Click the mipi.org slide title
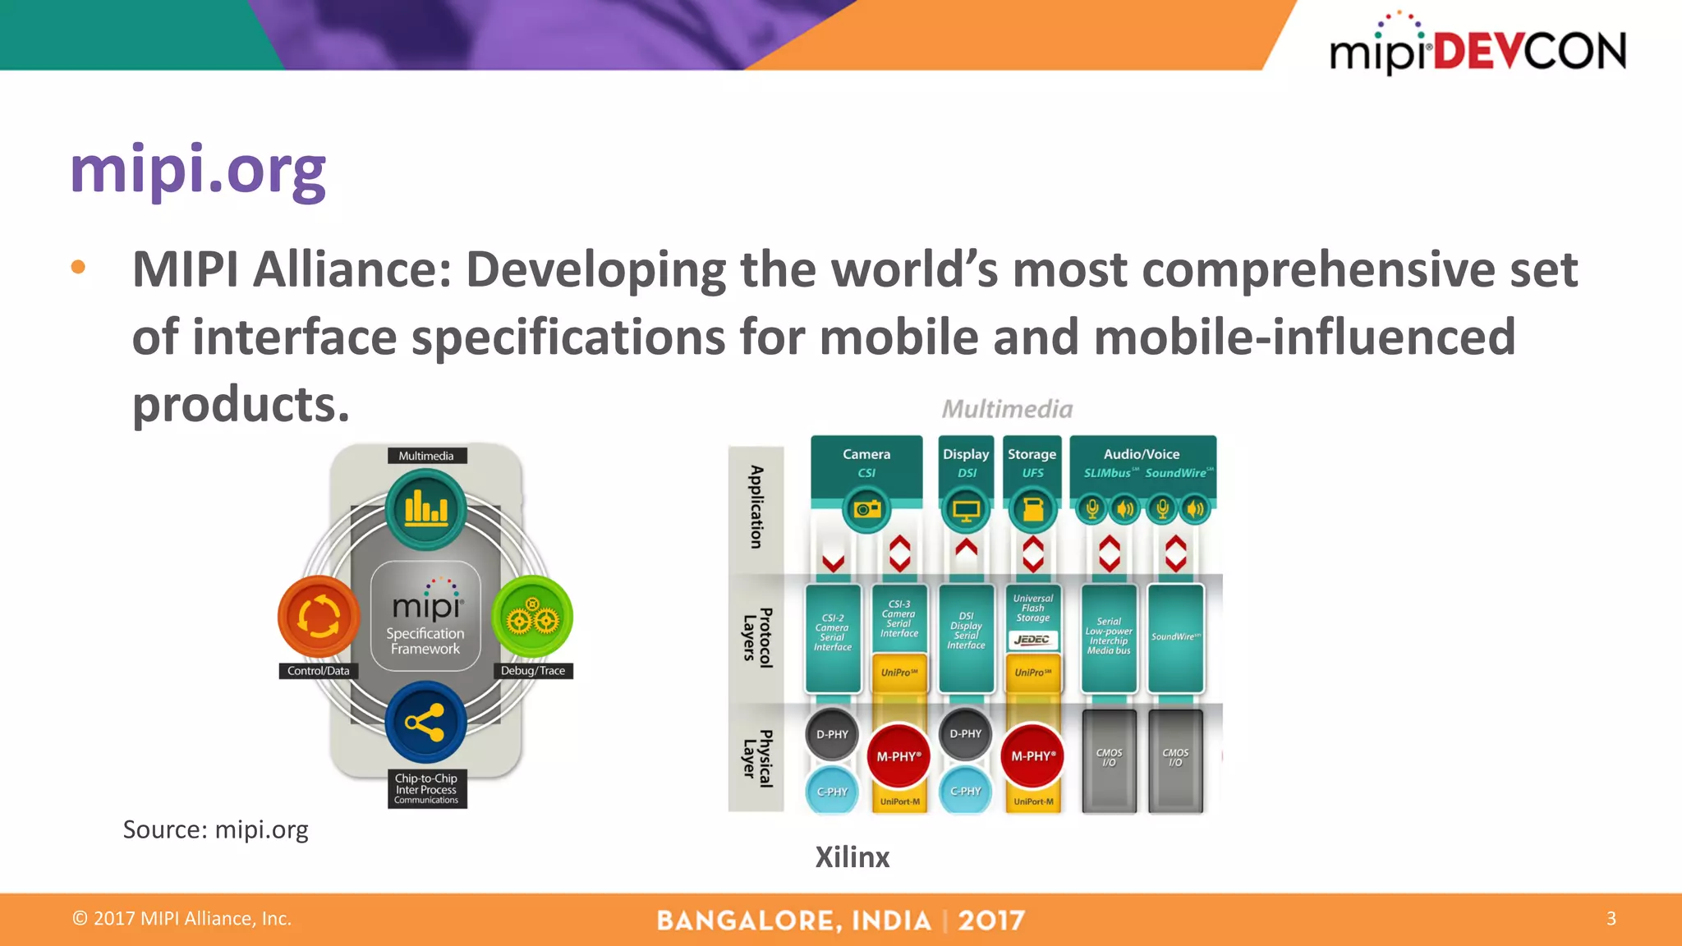tap(198, 170)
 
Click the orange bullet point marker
tap(78, 267)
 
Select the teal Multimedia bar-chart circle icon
tap(425, 509)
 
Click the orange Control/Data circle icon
tap(319, 616)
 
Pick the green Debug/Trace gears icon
tap(531, 617)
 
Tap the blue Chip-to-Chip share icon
tap(425, 723)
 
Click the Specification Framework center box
tap(425, 615)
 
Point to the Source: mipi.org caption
tap(215, 829)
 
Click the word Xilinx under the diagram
tap(852, 857)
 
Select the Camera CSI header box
tap(866, 464)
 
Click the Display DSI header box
tap(966, 464)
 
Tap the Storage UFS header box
tap(1032, 464)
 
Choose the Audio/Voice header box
tap(1142, 464)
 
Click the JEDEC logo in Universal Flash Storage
tap(1032, 640)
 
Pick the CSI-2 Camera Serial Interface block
tap(833, 633)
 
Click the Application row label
tap(756, 507)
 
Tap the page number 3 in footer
tap(1611, 918)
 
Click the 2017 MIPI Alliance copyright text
tap(182, 918)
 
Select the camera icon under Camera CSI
tap(866, 509)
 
